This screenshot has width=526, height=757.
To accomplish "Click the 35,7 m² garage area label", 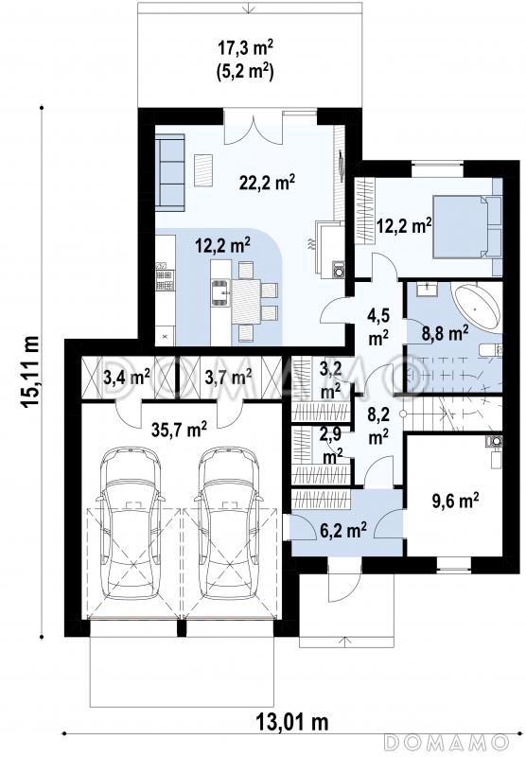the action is (x=180, y=430).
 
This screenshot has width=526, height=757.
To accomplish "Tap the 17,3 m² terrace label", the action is (x=246, y=49).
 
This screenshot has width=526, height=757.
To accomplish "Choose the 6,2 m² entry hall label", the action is (x=343, y=531).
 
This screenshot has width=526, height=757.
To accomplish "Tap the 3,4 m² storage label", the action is (x=127, y=376).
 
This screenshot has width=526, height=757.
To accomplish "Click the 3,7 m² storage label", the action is (x=228, y=376).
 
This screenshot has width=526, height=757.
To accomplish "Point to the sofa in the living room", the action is (x=170, y=173).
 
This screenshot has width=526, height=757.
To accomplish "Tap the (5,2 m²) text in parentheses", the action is (x=246, y=73).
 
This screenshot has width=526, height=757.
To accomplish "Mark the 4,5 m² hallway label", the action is (x=378, y=327).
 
